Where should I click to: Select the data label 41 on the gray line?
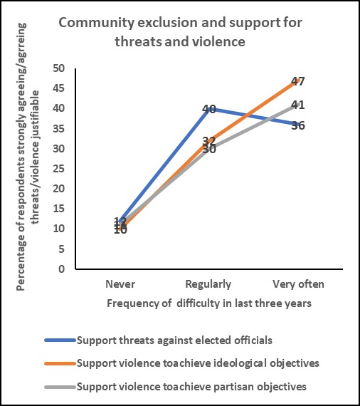[298, 105]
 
